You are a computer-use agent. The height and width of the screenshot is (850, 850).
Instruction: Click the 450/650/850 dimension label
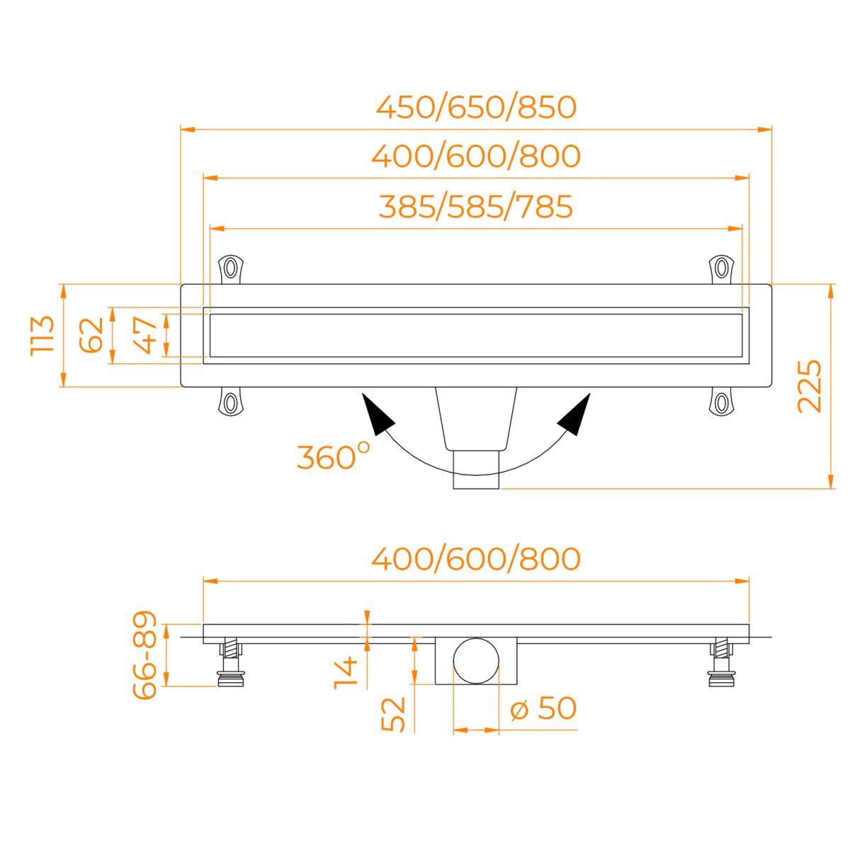pyautogui.click(x=476, y=108)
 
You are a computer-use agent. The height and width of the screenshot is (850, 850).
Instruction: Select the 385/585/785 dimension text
pyautogui.click(x=476, y=207)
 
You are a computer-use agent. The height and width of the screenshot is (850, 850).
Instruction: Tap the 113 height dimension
pyautogui.click(x=42, y=335)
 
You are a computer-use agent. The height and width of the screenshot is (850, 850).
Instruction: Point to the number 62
pyautogui.click(x=91, y=335)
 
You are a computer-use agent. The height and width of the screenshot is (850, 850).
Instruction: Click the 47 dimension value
pyautogui.click(x=146, y=335)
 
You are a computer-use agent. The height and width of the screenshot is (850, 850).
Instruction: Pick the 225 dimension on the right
pyautogui.click(x=810, y=387)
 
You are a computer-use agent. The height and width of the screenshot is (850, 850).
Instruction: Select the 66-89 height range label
pyautogui.click(x=144, y=655)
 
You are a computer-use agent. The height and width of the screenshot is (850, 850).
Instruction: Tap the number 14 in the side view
pyautogui.click(x=346, y=673)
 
